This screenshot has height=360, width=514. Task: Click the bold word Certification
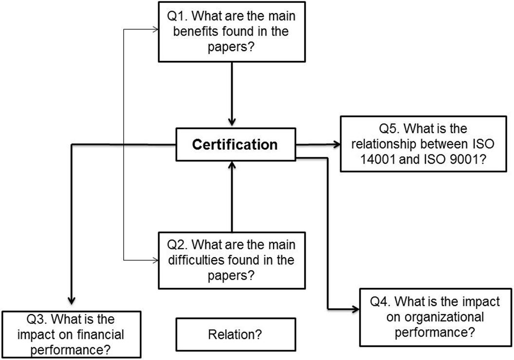click(x=234, y=145)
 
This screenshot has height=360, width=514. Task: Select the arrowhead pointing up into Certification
click(x=233, y=167)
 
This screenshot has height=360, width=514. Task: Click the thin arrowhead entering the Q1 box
click(x=156, y=30)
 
